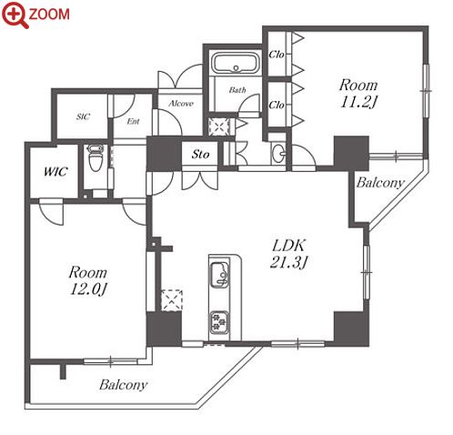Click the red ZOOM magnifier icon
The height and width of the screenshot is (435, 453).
pyautogui.click(x=15, y=15)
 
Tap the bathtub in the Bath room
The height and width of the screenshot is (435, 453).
pyautogui.click(x=236, y=63)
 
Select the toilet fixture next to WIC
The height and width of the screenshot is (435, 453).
pyautogui.click(x=95, y=157)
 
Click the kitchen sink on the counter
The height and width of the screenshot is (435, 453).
pyautogui.click(x=219, y=273)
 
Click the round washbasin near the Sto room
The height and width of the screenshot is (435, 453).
pyautogui.click(x=279, y=151)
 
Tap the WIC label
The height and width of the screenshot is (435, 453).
pyautogui.click(x=55, y=172)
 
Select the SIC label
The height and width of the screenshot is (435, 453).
pyautogui.click(x=83, y=116)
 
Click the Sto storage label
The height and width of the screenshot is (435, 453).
pyautogui.click(x=200, y=155)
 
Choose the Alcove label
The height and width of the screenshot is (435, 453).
pyautogui.click(x=181, y=104)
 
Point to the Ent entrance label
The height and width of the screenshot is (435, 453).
pyautogui.click(x=133, y=121)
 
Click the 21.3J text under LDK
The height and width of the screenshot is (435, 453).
pyautogui.click(x=288, y=262)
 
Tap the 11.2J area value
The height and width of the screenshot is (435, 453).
pyautogui.click(x=358, y=102)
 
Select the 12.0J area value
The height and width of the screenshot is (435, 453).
pyautogui.click(x=88, y=289)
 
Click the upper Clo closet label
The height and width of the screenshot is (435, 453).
pyautogui.click(x=277, y=55)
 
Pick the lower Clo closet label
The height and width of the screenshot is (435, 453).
pyautogui.click(x=277, y=105)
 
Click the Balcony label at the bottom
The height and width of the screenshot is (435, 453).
pyautogui.click(x=124, y=385)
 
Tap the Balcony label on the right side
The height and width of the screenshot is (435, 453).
pyautogui.click(x=380, y=183)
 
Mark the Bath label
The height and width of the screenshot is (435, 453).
pyautogui.click(x=237, y=90)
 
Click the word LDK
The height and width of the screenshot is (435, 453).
pyautogui.click(x=288, y=245)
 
